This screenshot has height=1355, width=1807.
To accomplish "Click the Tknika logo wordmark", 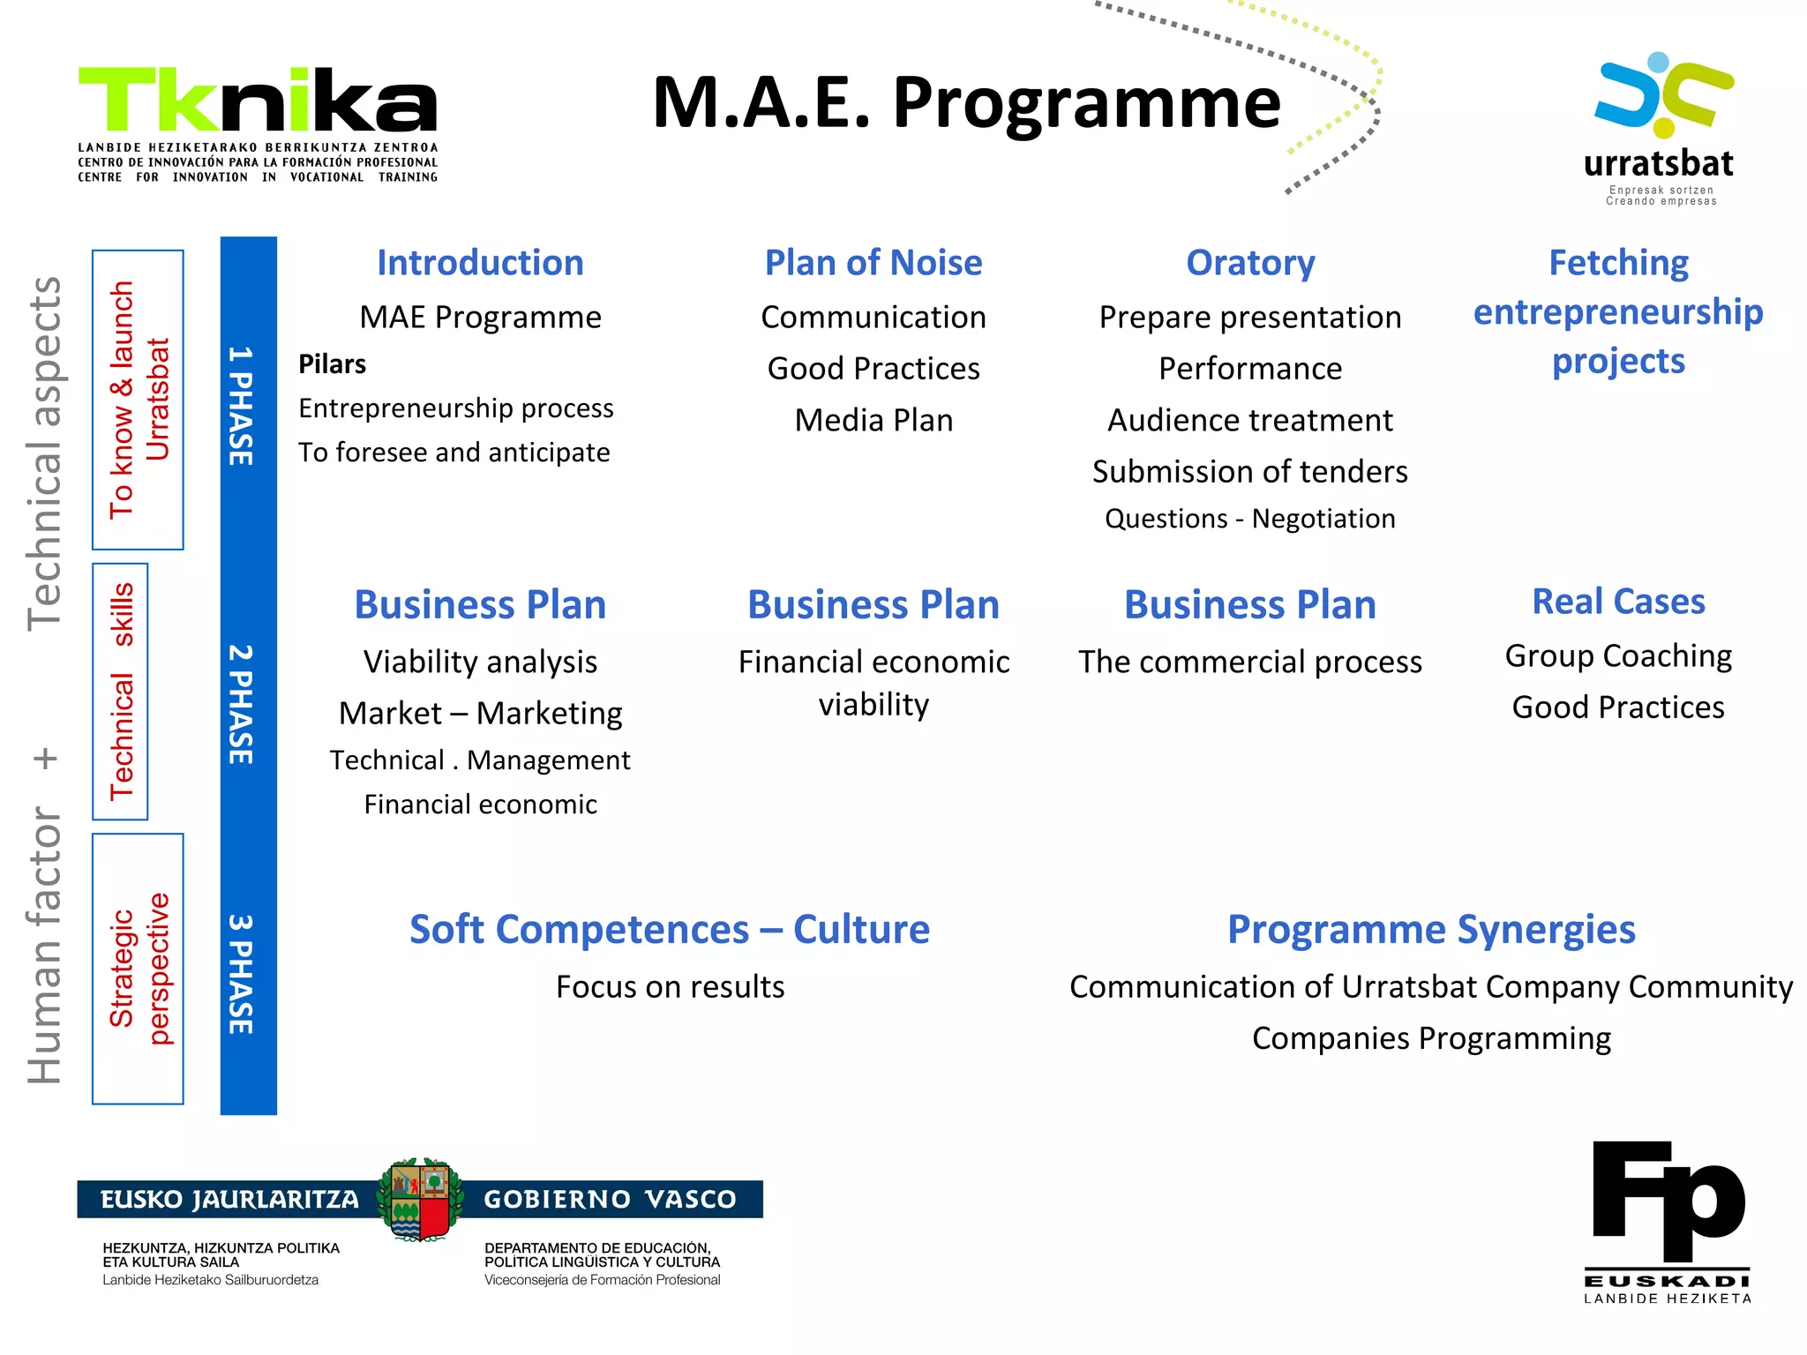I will pyautogui.click(x=258, y=101).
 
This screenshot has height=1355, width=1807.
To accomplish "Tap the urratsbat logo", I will pyautogui.click(x=1660, y=128).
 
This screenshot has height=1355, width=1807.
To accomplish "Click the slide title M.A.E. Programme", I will pyautogui.click(x=966, y=103).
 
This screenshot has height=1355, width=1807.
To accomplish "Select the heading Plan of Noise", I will pyautogui.click(x=873, y=263).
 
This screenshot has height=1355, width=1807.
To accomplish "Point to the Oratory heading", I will pyautogui.click(x=1249, y=263).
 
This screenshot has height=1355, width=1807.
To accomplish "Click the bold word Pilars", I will pyautogui.click(x=332, y=364).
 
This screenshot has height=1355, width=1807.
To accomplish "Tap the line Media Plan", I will pyautogui.click(x=873, y=420).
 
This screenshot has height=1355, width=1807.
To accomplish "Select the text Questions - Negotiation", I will pyautogui.click(x=1249, y=519).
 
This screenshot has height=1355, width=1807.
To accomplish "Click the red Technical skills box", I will pyautogui.click(x=121, y=692).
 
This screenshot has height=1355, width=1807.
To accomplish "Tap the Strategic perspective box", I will pyautogui.click(x=139, y=969).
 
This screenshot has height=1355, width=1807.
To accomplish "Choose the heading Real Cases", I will pyautogui.click(x=1617, y=602).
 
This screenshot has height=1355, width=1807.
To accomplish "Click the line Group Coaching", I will pyautogui.click(x=1617, y=656).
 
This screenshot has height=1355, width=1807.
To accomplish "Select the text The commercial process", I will pyautogui.click(x=1249, y=662).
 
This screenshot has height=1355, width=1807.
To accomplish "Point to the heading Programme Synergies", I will pyautogui.click(x=1430, y=930).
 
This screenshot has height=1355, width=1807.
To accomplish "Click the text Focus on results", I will pyautogui.click(x=670, y=987).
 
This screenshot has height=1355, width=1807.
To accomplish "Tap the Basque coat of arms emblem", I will pyautogui.click(x=420, y=1200).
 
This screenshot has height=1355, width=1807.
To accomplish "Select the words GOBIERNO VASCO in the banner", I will pyautogui.click(x=610, y=1200).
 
